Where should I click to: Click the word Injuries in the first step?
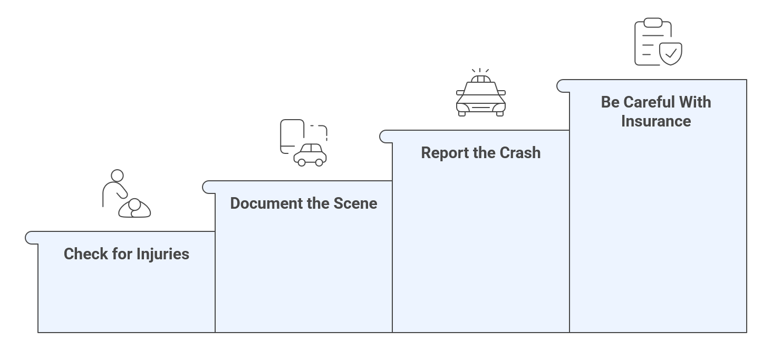pos(162,255)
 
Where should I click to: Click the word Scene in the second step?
pos(356,203)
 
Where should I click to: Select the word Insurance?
pos(655,121)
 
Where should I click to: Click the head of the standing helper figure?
pos(117,176)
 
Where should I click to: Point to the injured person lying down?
pos(134,208)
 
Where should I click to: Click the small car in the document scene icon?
pos(310,154)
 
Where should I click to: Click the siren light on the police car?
pos(480,79)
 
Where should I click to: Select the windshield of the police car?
pos(480,89)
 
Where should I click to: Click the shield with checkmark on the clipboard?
pos(671,53)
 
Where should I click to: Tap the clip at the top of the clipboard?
pos(653,23)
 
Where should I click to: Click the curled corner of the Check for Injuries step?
pos(32,238)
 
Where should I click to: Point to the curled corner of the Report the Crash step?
pos(386,137)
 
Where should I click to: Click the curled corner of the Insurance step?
pos(563,86)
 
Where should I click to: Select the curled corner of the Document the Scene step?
pos(209,187)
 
